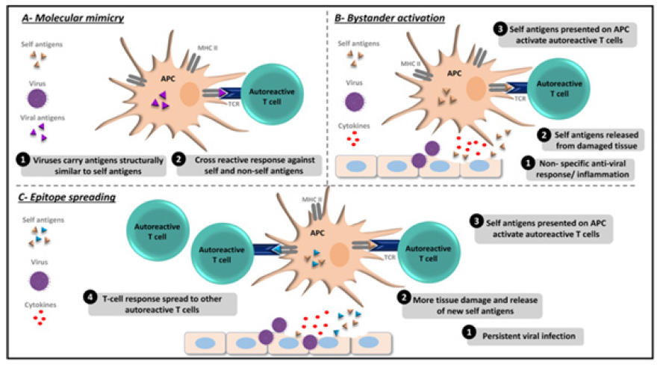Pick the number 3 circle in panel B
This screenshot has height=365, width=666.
(x=500, y=28)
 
